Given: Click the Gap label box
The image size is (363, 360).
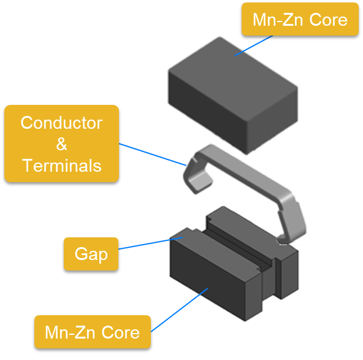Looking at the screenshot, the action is point(91,254).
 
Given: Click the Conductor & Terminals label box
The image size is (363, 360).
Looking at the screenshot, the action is point(61,144).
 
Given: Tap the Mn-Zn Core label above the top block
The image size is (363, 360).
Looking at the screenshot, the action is point(300,19).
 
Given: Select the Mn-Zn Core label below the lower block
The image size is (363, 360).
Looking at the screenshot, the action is point(93,332).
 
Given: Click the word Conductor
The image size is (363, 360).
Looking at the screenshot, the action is point(61,123).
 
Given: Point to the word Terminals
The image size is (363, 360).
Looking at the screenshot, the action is point(62,166).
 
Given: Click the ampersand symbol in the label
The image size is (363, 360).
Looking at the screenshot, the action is point(61,144).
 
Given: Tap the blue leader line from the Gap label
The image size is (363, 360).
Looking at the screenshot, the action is point(151,243).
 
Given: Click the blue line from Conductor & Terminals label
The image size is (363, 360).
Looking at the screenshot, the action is point(153,155).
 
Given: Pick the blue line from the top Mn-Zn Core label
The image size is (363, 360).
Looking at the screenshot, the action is point(254,45).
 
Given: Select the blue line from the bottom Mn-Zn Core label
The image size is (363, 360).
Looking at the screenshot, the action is point(179,310).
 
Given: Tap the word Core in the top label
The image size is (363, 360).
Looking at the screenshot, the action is point(328,20).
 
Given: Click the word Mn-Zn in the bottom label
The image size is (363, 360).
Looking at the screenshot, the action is point(70,332).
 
